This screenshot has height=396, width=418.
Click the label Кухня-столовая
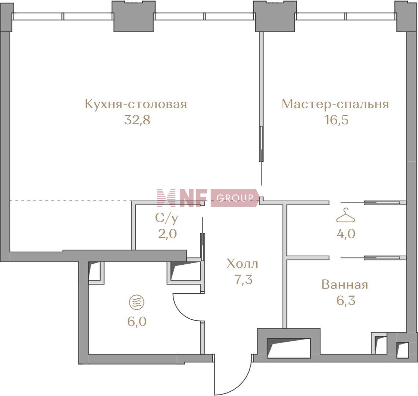click(136, 104)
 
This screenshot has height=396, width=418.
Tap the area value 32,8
click(137, 120)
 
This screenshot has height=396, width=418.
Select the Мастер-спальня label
click(335, 104)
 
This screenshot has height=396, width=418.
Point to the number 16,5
click(337, 120)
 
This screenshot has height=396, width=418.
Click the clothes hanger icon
click(345, 215)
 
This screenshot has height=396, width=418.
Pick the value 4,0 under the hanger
click(346, 234)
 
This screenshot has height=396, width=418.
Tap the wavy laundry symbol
click(137, 302)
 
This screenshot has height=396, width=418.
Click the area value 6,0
click(137, 322)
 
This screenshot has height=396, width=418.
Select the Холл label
click(242, 264)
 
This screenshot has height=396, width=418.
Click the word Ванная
click(345, 285)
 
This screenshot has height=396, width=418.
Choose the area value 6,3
click(346, 301)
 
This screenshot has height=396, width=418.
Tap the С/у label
click(166, 218)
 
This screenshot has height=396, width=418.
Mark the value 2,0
click(168, 234)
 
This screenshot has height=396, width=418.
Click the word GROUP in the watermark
click(235, 198)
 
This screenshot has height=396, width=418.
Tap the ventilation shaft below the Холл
click(289, 345)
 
